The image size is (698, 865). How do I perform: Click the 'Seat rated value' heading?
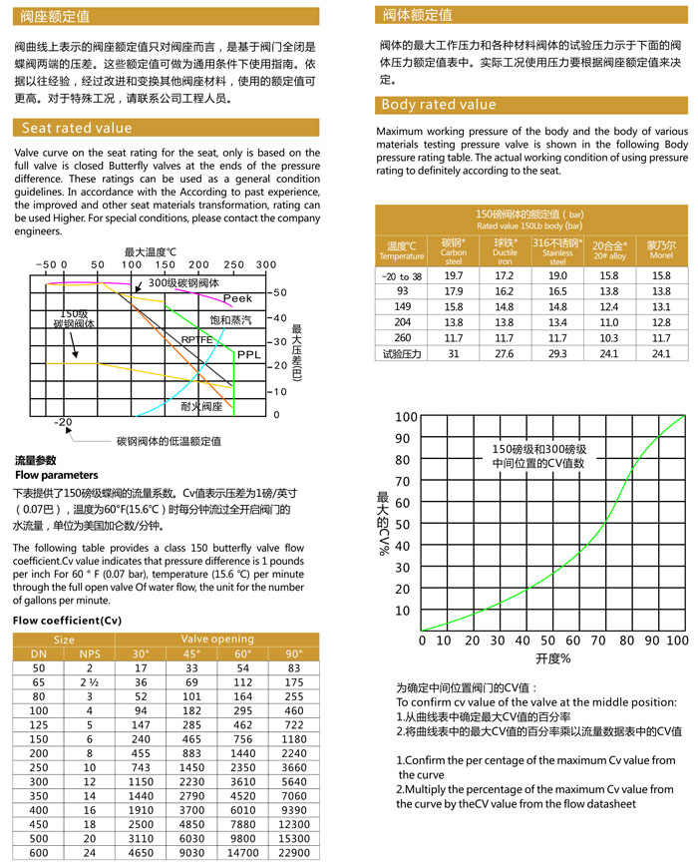(77, 128)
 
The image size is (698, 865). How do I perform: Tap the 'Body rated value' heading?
(439, 105)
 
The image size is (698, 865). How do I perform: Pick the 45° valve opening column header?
(189, 653)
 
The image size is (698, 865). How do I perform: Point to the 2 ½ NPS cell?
(90, 682)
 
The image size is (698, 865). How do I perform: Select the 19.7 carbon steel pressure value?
(454, 274)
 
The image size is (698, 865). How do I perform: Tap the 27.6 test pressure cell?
(505, 353)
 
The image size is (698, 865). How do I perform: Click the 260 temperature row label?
(402, 338)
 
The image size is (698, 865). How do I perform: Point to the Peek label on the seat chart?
(237, 298)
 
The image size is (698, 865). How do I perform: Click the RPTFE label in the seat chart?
(196, 339)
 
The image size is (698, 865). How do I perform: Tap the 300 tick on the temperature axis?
(266, 264)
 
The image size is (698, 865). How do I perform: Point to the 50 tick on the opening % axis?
(547, 640)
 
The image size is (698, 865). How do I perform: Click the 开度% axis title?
(552, 659)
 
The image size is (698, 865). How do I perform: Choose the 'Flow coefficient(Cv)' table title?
(66, 621)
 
